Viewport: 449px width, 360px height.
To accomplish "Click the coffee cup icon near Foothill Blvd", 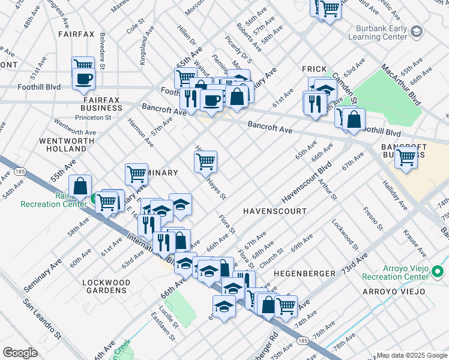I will pos(83,79).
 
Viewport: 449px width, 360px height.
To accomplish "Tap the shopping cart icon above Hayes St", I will pos(205,161).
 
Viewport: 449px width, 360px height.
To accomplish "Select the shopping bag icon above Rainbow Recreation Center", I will pos(80,186).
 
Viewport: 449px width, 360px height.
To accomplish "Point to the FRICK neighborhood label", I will pos(313,69).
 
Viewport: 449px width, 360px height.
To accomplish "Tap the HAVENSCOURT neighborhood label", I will pos(274,212).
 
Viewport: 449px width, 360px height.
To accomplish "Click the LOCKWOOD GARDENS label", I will pos(106,286).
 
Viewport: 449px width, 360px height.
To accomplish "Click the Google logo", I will pos(20,353).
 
